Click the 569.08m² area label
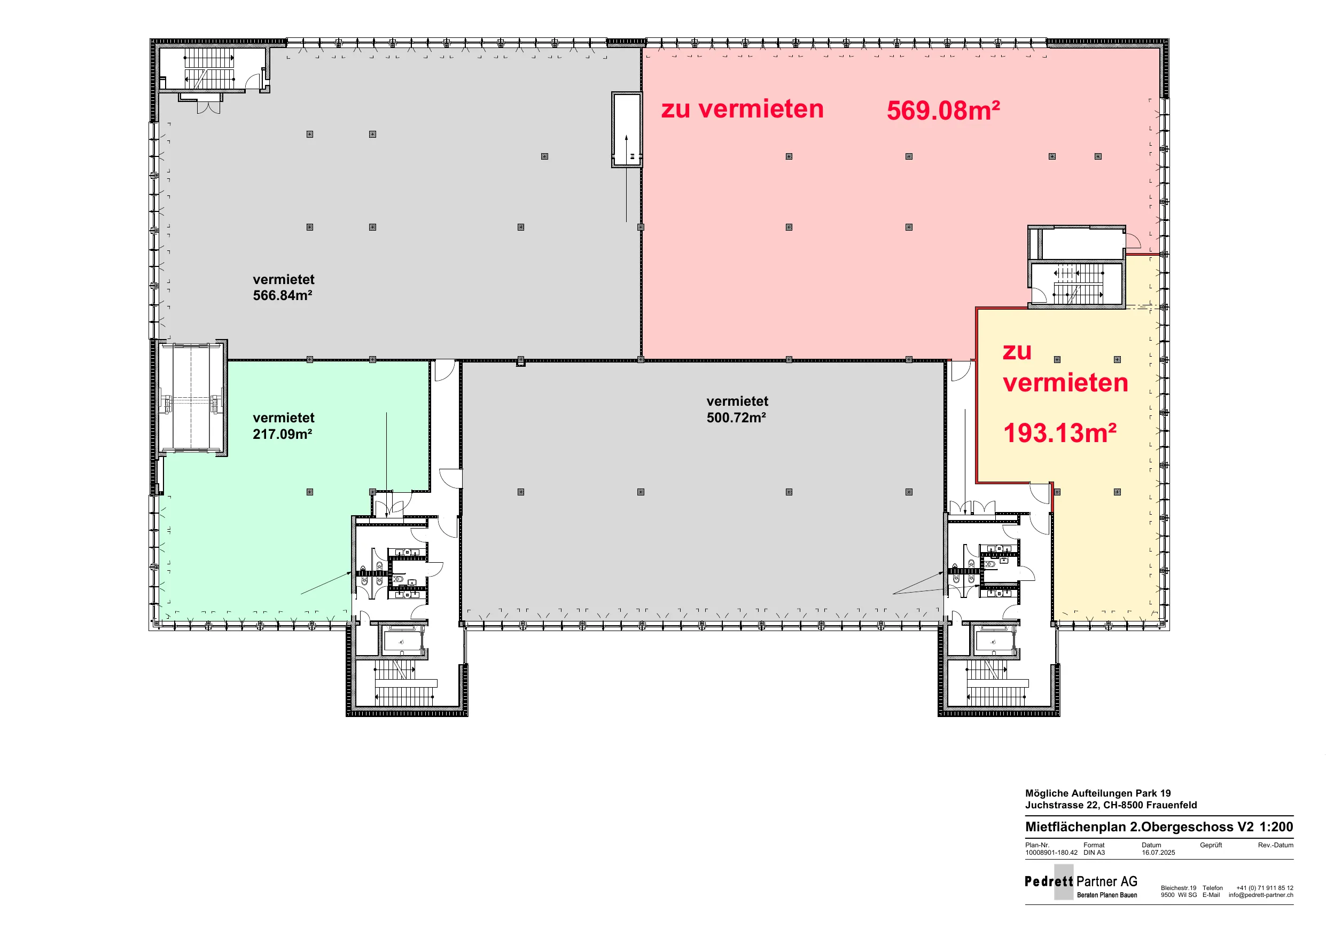943,111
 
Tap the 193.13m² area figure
1060,433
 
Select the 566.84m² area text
283,296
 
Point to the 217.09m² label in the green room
283,434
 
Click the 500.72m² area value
736,418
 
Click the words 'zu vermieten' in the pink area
742,109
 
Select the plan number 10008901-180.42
1051,853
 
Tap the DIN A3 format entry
1094,853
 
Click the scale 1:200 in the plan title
1276,826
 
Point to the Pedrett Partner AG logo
1081,882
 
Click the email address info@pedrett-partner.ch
1261,895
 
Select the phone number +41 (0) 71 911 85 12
1265,888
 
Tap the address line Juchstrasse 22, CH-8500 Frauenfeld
1111,805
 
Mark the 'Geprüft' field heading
1211,845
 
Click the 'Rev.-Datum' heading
1276,845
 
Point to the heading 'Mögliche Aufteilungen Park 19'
1098,793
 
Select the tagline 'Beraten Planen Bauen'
1107,895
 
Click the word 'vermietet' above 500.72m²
737,401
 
